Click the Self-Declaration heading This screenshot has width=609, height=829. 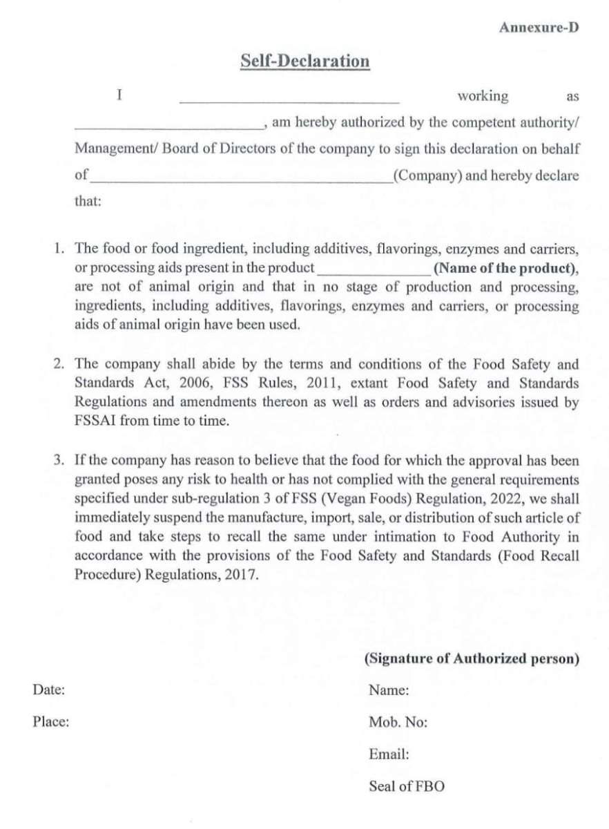point(304,61)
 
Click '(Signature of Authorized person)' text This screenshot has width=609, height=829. point(471,659)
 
